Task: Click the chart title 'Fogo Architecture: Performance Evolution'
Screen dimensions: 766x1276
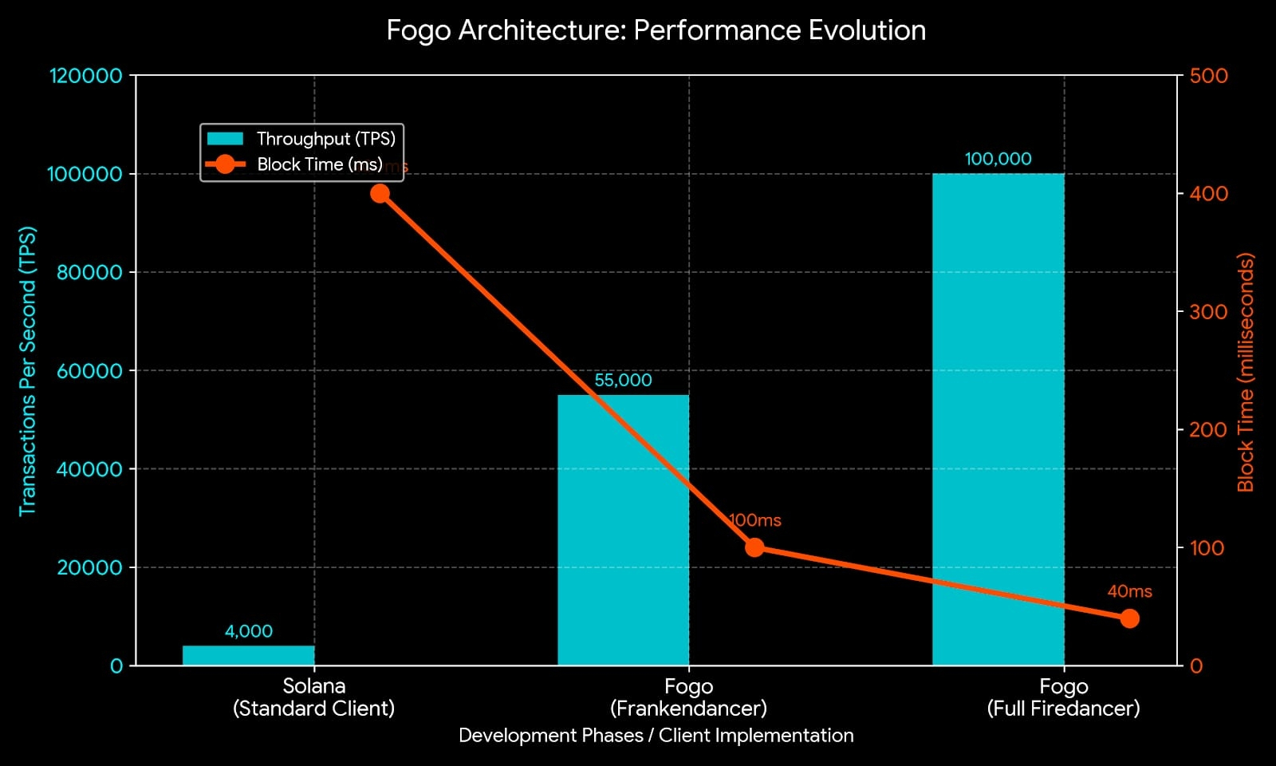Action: tap(656, 30)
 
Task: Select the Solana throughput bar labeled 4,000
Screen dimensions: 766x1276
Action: tap(248, 655)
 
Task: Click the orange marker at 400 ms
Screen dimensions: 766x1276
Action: tap(380, 193)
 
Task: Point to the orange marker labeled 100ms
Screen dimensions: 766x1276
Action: tap(754, 547)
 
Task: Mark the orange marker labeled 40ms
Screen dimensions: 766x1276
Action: tap(1129, 618)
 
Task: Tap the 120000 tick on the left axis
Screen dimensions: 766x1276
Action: tap(86, 76)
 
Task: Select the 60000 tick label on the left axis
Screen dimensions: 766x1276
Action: tap(89, 371)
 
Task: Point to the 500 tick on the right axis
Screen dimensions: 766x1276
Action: tap(1208, 76)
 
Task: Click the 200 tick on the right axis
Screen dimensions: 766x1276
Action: tap(1208, 430)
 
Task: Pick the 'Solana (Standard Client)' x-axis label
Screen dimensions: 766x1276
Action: tap(313, 697)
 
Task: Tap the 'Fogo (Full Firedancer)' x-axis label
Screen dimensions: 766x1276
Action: tap(1063, 697)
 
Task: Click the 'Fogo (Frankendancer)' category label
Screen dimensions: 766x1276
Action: tap(688, 697)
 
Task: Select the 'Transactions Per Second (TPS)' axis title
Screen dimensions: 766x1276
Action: tap(28, 371)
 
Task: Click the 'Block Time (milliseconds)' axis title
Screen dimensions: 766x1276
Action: tap(1245, 372)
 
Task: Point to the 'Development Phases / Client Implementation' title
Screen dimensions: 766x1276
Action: tap(656, 736)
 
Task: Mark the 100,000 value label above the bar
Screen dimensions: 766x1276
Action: tap(998, 159)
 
